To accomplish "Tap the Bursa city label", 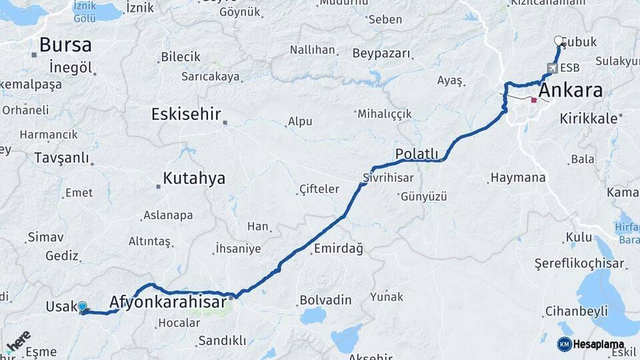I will click(x=65, y=45).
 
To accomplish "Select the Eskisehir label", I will click(x=186, y=114).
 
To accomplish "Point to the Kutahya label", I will click(x=194, y=179).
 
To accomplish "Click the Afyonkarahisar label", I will click(x=167, y=302).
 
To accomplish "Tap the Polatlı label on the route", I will click(x=417, y=154).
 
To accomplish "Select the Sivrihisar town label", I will click(x=388, y=178).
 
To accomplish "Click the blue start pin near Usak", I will click(x=82, y=307).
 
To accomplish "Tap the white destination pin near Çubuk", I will click(x=559, y=41).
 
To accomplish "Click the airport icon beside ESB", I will click(x=552, y=67).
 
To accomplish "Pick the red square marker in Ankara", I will click(x=533, y=100).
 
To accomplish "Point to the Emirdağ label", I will click(x=338, y=249).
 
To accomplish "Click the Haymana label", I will click(x=517, y=178).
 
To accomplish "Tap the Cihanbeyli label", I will click(x=576, y=311).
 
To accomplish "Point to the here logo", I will click(x=18, y=342).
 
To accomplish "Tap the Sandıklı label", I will click(x=222, y=341).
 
